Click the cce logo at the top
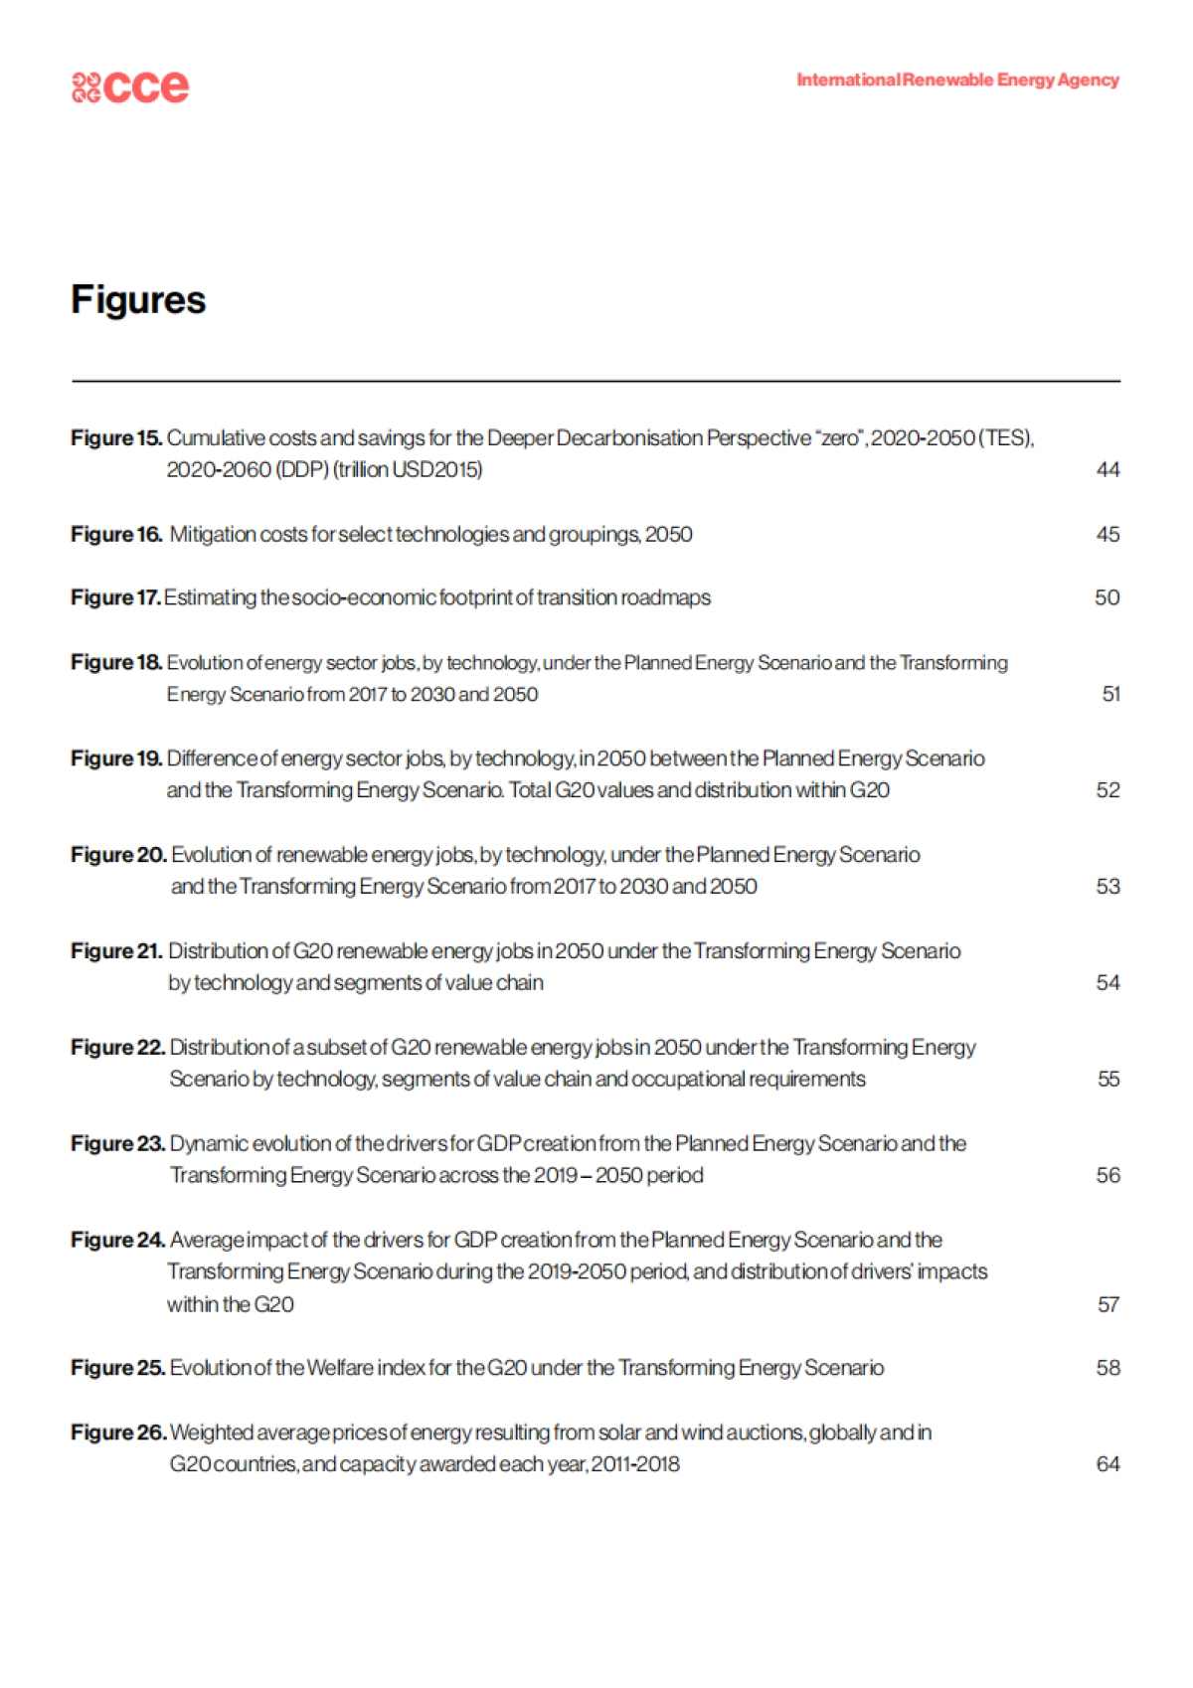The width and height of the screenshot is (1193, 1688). pos(130,86)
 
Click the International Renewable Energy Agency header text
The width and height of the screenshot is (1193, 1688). pos(957,80)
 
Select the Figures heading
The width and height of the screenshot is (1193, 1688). pos(138,300)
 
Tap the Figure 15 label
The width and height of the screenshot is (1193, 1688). pos(115,437)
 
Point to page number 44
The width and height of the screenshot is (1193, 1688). pos(1108,469)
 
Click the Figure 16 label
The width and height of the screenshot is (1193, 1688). pos(115,534)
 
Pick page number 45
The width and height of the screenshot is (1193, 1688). pos(1108,534)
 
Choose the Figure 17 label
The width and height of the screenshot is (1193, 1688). pos(114,597)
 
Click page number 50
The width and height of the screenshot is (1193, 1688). pos(1107,597)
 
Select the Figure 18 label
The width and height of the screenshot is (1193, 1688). pos(115,662)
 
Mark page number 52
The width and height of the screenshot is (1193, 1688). pos(1108,790)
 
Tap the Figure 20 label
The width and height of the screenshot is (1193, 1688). pos(118,855)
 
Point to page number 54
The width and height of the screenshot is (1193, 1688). pos(1108,983)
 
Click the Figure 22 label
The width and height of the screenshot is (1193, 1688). pos(117,1048)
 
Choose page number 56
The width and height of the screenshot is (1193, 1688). pos(1108,1175)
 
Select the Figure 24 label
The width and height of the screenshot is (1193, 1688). pos(117,1240)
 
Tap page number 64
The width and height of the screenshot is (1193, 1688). pos(1108,1464)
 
